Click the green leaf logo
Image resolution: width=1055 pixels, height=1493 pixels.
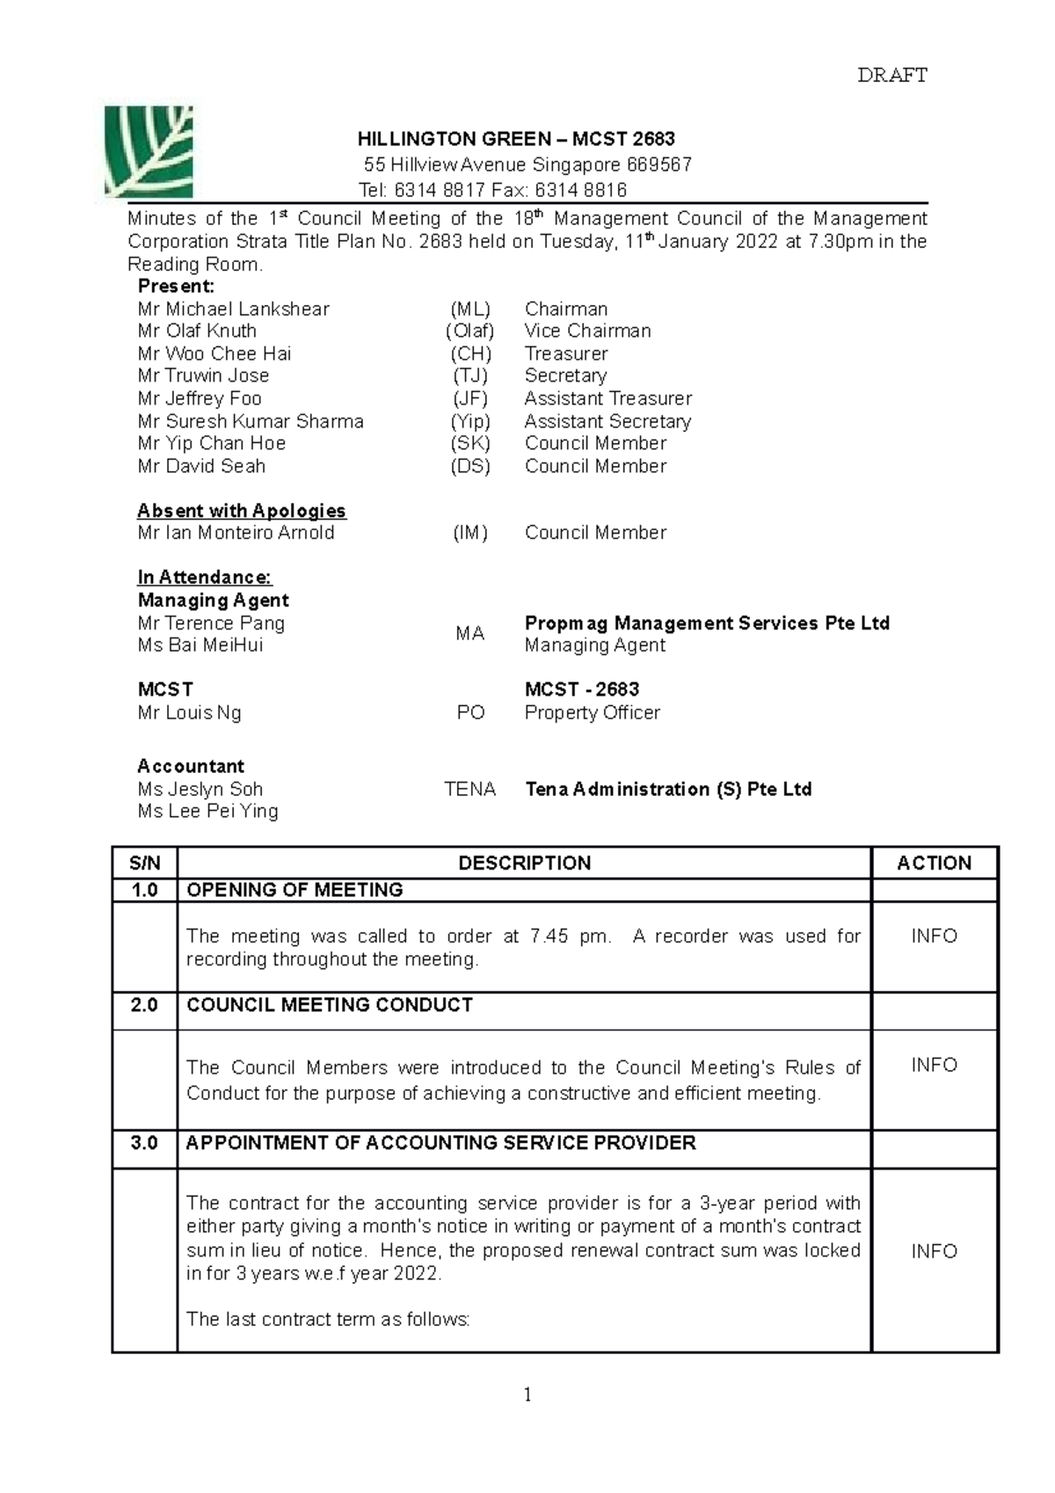coord(148,151)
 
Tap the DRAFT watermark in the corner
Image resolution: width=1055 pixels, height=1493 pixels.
coord(891,76)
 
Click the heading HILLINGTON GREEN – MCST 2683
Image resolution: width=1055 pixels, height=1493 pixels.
coord(516,139)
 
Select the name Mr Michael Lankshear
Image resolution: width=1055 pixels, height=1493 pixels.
coord(233,309)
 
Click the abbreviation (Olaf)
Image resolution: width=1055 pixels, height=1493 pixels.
coord(469,331)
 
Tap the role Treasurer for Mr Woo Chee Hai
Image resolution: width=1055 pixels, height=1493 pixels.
coord(566,353)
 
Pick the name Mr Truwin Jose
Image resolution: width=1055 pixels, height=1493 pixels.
coord(203,375)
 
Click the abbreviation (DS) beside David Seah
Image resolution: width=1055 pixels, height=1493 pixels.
coord(469,466)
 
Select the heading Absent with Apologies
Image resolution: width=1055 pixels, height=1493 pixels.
coord(242,511)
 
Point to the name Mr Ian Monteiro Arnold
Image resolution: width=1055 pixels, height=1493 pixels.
coord(236,533)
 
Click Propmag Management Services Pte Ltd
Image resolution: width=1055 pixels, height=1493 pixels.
coord(707,623)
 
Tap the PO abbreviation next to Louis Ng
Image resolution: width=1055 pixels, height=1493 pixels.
coord(470,712)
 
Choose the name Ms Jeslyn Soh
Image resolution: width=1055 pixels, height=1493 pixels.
coord(200,789)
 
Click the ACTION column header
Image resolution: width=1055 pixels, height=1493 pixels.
coord(934,863)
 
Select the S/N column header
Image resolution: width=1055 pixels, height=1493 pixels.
coord(145,863)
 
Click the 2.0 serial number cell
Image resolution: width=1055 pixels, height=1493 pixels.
coord(145,1005)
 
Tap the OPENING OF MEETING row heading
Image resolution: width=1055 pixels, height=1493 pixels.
coord(295,890)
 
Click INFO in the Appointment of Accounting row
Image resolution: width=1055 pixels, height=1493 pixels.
coord(934,1251)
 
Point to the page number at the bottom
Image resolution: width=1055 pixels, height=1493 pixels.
coord(527,1395)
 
